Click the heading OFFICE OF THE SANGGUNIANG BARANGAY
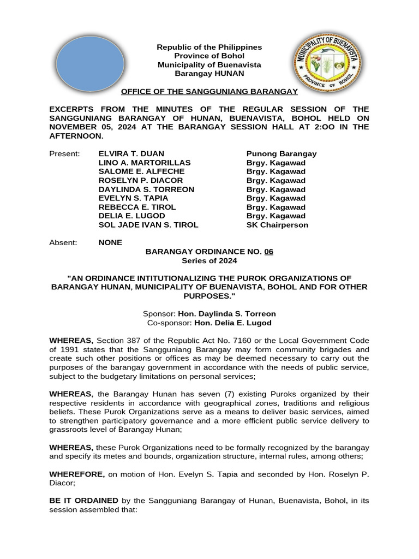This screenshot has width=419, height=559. pyautogui.click(x=209, y=91)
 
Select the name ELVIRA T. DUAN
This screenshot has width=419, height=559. pyautogui.click(x=131, y=153)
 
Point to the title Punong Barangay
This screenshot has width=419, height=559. pyautogui.click(x=282, y=153)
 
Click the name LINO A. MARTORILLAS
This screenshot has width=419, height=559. pyautogui.click(x=145, y=163)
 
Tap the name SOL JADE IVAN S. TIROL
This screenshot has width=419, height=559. pyautogui.click(x=148, y=225)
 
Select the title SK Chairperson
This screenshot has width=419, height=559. pyautogui.click(x=277, y=225)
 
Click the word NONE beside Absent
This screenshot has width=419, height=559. pyautogui.click(x=110, y=242)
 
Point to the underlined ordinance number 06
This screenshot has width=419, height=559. pyautogui.click(x=268, y=252)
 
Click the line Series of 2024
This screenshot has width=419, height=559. pyautogui.click(x=209, y=260)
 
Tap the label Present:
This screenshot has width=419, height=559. pyautogui.click(x=64, y=153)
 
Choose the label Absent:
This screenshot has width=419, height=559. pyautogui.click(x=63, y=242)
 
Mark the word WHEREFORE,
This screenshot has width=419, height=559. pyautogui.click(x=77, y=474)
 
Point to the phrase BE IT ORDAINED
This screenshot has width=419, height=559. pyautogui.click(x=83, y=500)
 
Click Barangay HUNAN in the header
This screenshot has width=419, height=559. pyautogui.click(x=209, y=73)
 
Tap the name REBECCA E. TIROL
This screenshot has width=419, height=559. pyautogui.click(x=137, y=207)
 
